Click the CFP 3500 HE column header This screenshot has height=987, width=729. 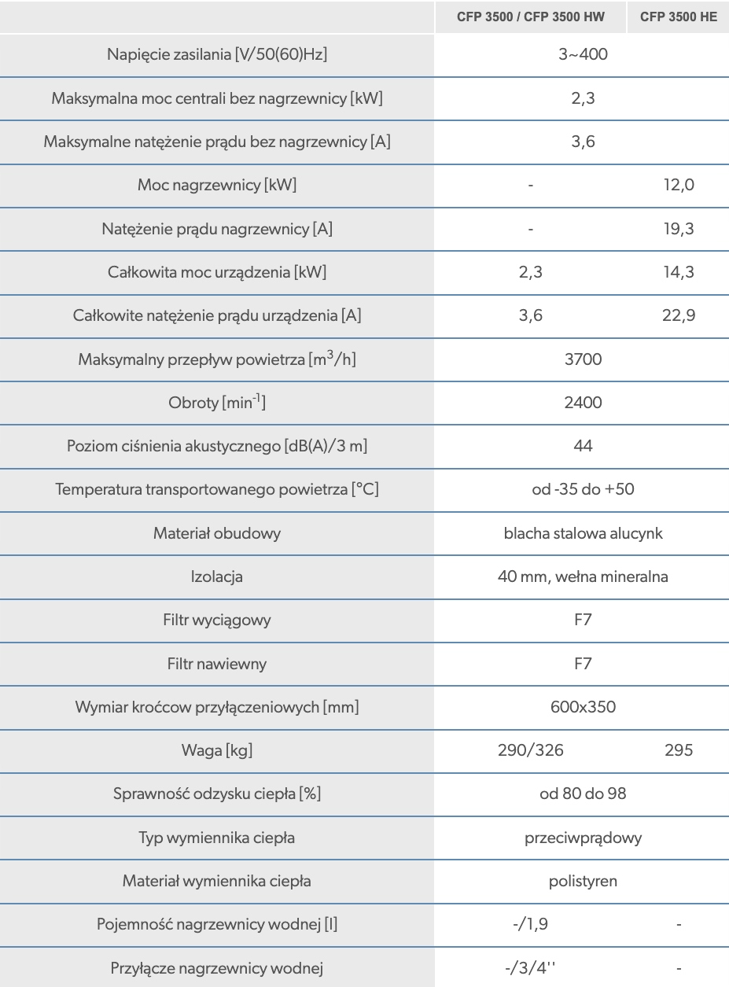(x=678, y=17)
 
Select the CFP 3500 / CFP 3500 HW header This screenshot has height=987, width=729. (x=531, y=17)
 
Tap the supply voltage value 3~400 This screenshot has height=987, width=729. (x=583, y=56)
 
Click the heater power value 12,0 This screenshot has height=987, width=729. (x=679, y=186)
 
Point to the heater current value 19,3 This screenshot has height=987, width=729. (x=679, y=230)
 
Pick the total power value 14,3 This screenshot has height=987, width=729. (x=679, y=273)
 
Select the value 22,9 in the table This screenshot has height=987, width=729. (x=679, y=316)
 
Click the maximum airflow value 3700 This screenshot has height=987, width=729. (x=583, y=359)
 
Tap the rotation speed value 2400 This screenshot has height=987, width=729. (x=583, y=403)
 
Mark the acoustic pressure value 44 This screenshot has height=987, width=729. (x=583, y=446)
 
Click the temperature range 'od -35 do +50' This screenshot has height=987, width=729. (x=583, y=489)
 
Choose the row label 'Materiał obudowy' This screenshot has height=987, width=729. (x=217, y=533)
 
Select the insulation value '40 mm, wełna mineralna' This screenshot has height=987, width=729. (x=583, y=576)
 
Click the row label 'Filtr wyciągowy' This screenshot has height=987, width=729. (x=217, y=620)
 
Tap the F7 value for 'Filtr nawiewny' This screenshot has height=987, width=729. (x=583, y=664)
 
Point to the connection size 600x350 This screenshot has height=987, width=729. (x=583, y=707)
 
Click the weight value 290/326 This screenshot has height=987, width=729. (x=531, y=750)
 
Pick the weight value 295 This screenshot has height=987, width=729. (x=679, y=750)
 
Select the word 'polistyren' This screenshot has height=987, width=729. (x=583, y=881)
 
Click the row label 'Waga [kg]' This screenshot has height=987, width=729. (x=217, y=750)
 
